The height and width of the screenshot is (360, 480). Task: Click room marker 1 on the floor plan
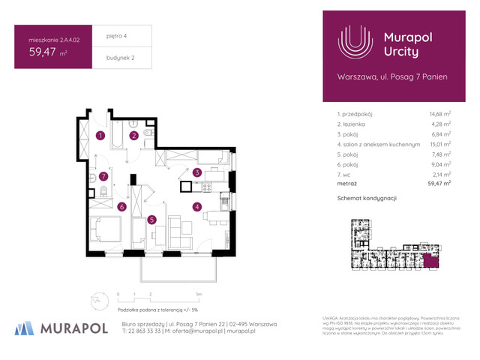(x=100, y=136)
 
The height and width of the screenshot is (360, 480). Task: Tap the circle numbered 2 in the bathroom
(x=133, y=136)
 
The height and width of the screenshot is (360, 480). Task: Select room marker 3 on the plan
(x=197, y=172)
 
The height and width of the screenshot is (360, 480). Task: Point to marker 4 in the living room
(x=197, y=207)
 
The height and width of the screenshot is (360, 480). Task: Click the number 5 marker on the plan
(x=151, y=220)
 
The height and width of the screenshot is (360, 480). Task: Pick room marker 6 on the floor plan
(x=121, y=207)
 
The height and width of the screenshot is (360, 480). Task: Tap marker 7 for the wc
(x=105, y=177)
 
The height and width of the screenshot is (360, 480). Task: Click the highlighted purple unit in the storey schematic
(x=430, y=260)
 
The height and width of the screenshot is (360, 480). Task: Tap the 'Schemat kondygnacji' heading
(x=367, y=198)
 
